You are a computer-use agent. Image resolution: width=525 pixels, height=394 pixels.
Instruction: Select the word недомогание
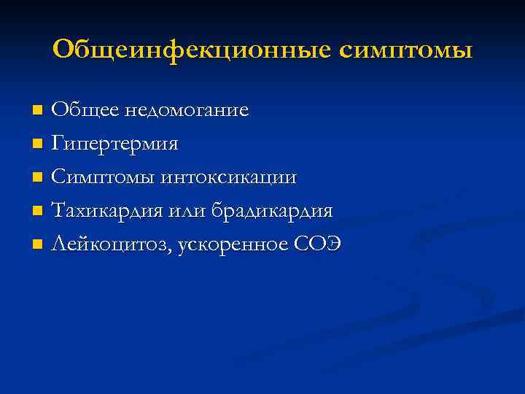(187, 111)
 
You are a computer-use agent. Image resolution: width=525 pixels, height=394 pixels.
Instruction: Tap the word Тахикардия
(109, 211)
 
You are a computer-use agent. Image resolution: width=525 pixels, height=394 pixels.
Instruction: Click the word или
(189, 211)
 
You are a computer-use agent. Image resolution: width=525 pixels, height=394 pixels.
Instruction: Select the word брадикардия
(273, 212)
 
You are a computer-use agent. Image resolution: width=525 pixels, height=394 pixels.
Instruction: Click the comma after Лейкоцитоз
(171, 251)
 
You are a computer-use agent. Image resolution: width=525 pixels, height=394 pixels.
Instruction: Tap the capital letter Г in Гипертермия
(58, 143)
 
